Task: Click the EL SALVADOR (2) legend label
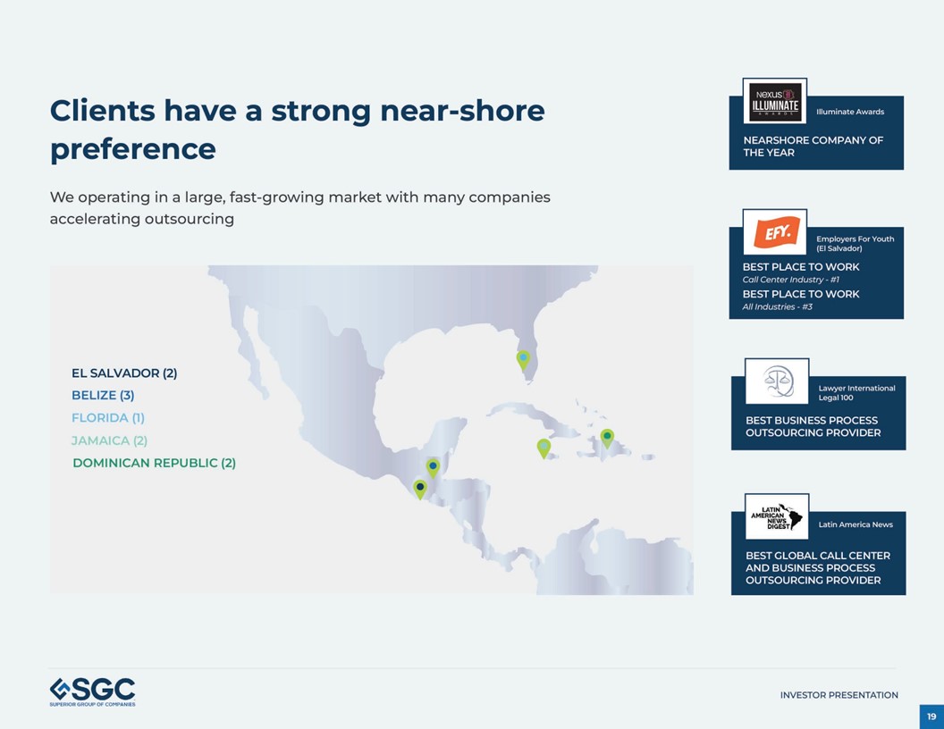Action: (x=124, y=373)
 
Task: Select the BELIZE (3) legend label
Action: (x=103, y=395)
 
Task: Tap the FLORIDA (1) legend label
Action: (x=107, y=417)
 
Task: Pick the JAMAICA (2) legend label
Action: (x=109, y=440)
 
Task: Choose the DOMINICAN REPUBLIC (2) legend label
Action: (x=154, y=463)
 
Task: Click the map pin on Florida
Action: (x=523, y=359)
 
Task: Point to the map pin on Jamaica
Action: (x=544, y=447)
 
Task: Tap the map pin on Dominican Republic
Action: (x=607, y=437)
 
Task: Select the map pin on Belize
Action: (x=433, y=466)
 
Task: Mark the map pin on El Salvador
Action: (x=420, y=488)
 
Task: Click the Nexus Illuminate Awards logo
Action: (x=774, y=100)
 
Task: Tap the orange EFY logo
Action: (x=774, y=232)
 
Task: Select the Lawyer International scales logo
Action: (x=777, y=381)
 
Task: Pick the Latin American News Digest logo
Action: (x=777, y=516)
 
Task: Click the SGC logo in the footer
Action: (x=92, y=691)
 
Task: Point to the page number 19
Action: (x=931, y=716)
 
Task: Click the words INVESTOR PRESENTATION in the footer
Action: (x=839, y=695)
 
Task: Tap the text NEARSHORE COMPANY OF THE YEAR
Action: (x=813, y=147)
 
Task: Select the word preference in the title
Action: (x=132, y=148)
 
